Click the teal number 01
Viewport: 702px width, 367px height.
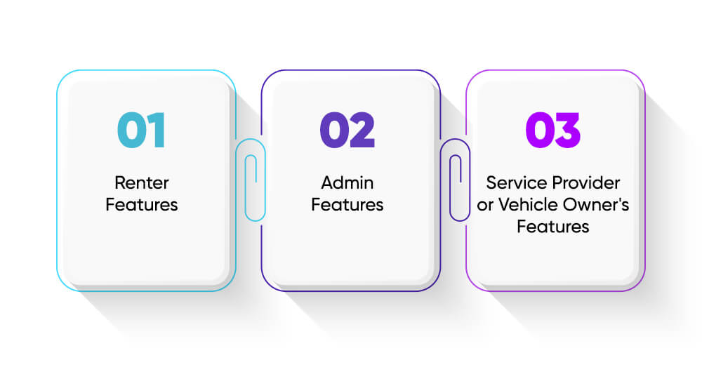[x=142, y=130]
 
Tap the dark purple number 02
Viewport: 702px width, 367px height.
[x=347, y=130]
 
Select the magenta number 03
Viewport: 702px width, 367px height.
[x=553, y=130]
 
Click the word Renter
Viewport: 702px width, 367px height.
[x=142, y=182]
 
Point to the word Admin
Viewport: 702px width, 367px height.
[x=347, y=182]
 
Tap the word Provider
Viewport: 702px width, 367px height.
[x=586, y=182]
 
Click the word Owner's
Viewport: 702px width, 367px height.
[x=596, y=204]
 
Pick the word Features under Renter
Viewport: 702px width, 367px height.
[x=142, y=204]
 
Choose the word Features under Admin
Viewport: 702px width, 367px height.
[x=347, y=204]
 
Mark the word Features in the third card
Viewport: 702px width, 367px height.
[x=553, y=227]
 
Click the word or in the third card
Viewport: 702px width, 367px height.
[x=485, y=206]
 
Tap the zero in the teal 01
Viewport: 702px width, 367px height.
[x=132, y=130]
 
